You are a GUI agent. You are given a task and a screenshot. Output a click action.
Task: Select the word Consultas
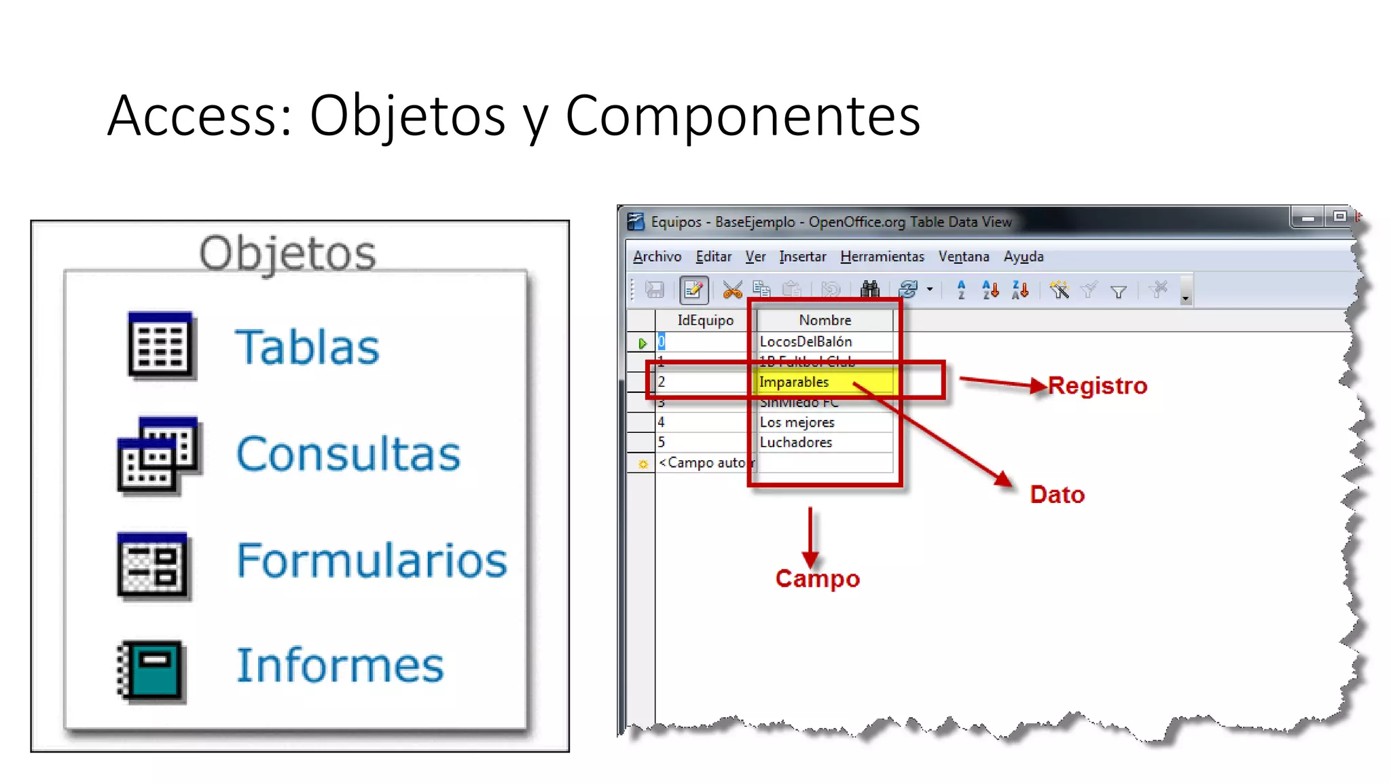348,454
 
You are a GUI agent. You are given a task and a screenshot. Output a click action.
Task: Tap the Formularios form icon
153,565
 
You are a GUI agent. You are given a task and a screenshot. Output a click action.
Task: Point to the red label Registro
1097,386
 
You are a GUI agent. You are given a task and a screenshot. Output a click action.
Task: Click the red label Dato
1057,495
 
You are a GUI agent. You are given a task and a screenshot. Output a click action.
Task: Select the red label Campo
818,578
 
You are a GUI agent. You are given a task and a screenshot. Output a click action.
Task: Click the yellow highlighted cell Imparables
824,382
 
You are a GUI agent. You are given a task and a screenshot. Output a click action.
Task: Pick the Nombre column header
825,320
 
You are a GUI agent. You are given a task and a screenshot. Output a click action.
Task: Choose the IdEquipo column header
705,320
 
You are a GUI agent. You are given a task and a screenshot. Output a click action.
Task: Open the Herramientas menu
882,257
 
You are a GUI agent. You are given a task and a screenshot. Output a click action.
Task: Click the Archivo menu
657,257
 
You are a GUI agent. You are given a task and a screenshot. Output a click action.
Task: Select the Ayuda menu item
1023,257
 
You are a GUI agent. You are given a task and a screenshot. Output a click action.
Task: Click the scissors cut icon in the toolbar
732,290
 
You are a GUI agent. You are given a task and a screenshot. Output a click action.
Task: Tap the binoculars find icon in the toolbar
869,290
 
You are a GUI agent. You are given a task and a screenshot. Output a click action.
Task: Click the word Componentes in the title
742,116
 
